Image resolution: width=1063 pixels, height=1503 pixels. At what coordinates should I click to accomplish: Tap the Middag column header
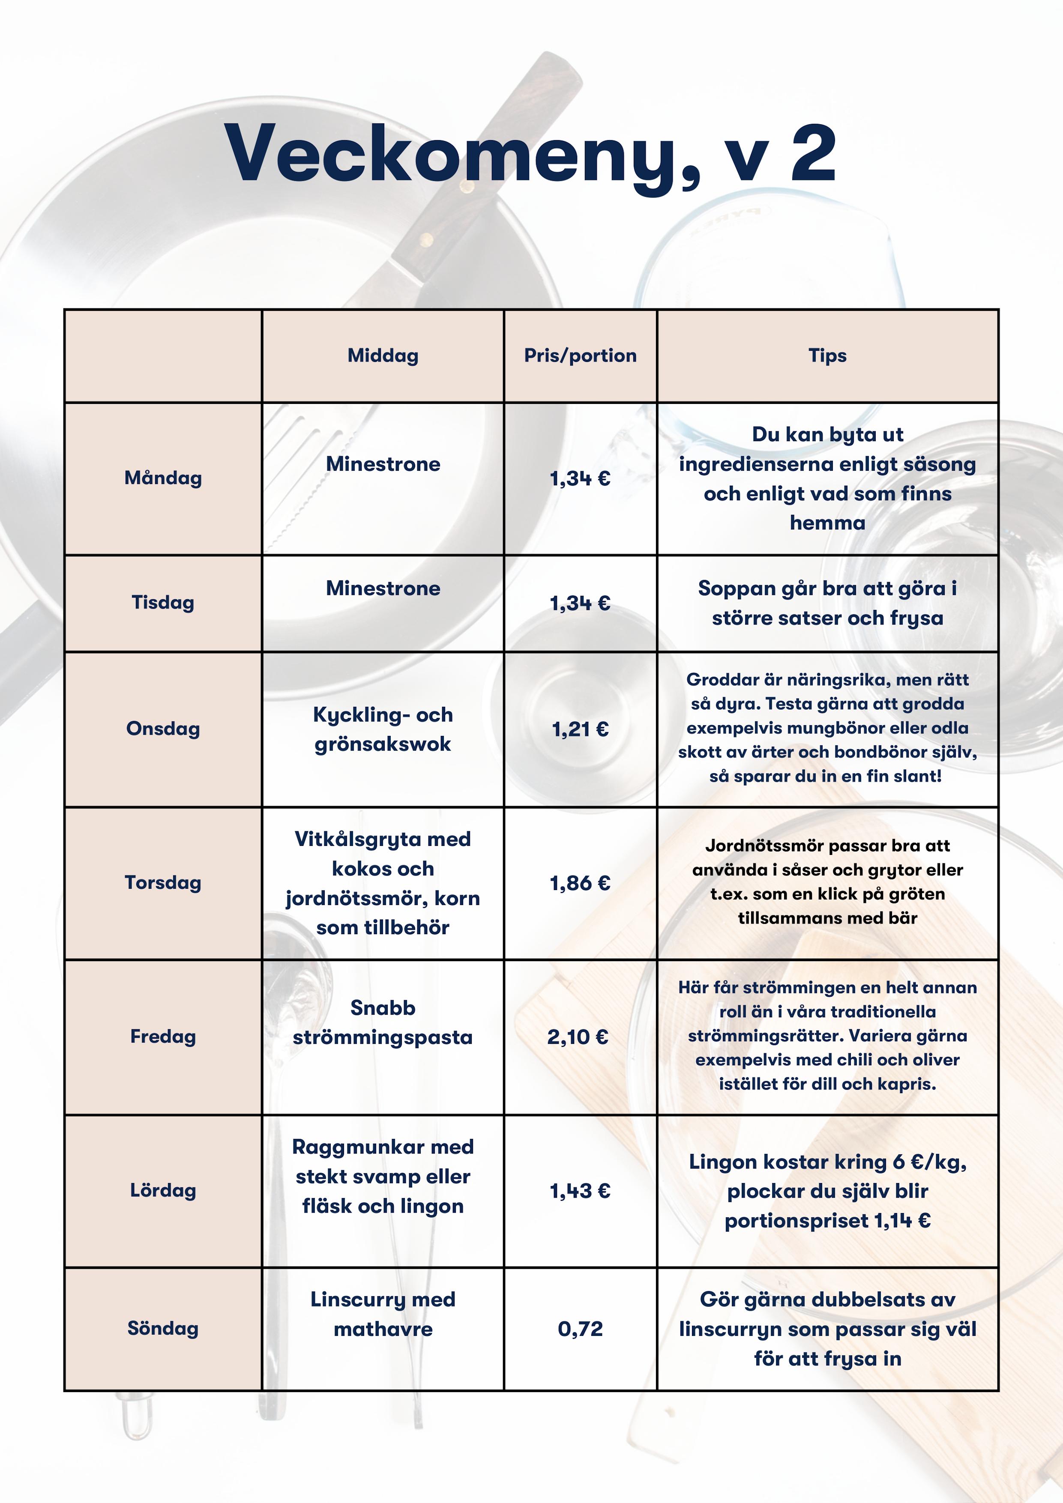pos(383,356)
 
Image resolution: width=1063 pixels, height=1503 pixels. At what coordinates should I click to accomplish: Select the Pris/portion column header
pos(580,356)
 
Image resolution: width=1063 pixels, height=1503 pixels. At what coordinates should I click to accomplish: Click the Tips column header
pos(827,356)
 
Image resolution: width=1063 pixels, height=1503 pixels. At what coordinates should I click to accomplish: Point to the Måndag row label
pos(163,478)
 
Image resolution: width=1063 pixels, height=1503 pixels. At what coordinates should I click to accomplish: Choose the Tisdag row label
pos(163,602)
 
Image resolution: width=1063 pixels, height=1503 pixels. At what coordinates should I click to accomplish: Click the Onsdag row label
pos(163,729)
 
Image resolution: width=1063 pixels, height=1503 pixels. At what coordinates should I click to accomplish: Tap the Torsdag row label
pos(163,882)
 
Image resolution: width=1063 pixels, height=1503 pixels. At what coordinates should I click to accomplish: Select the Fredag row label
pos(163,1036)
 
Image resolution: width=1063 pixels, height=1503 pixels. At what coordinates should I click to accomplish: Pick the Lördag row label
pos(163,1190)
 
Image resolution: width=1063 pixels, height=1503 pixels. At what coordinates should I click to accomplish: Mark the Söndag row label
pos(163,1328)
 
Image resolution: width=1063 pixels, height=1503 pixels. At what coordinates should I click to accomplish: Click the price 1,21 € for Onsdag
pos(580,729)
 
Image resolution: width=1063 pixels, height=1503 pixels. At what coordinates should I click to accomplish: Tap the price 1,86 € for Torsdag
pos(580,883)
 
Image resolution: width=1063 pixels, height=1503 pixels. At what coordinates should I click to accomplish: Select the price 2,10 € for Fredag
pos(578,1037)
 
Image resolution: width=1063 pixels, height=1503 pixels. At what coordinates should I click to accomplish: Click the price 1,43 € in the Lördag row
pos(580,1191)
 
